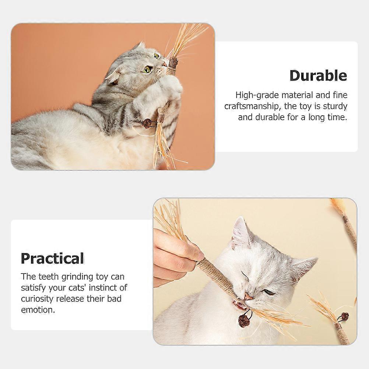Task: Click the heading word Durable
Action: point(318,75)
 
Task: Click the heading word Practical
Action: point(53,259)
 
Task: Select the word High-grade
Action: point(257,95)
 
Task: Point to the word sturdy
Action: point(335,106)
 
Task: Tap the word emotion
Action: point(38,310)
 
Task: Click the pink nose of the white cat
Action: point(248,296)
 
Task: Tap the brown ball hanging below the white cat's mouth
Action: point(243,321)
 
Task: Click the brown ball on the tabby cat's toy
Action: point(147,123)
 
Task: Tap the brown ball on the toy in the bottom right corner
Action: point(345,316)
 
